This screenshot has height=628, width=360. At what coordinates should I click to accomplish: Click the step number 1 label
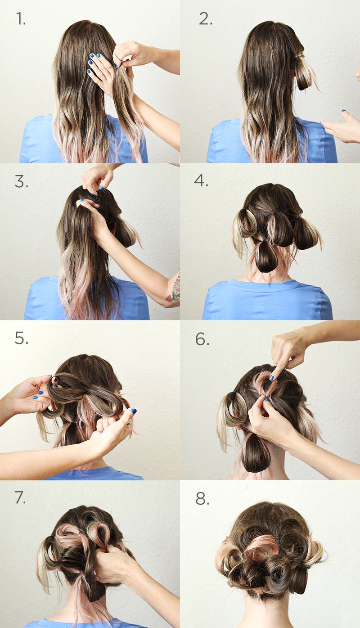(x=21, y=19)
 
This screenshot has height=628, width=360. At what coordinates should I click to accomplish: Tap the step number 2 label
(x=205, y=19)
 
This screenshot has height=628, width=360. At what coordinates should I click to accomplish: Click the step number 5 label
(x=21, y=339)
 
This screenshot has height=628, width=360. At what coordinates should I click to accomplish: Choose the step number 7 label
(x=20, y=497)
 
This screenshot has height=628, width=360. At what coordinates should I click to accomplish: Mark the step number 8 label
(x=202, y=499)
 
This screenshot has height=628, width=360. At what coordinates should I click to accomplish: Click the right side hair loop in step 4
(x=306, y=234)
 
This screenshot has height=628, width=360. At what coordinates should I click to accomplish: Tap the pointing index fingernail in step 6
(x=271, y=378)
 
